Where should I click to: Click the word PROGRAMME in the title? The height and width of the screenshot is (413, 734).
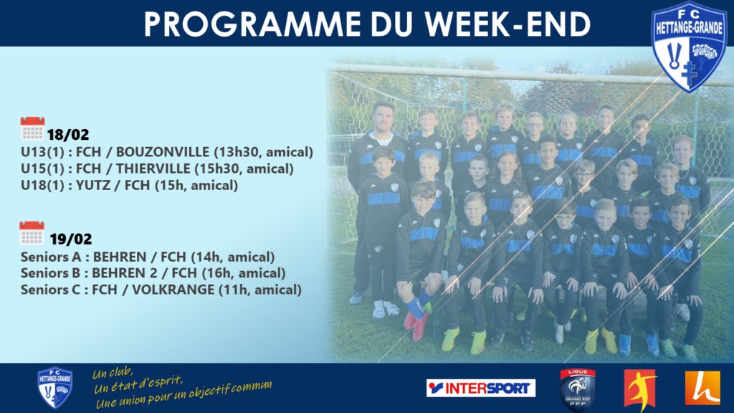pos(252,24)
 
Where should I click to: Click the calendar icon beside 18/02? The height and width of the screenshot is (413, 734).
pos(32,129)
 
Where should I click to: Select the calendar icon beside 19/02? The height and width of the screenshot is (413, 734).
pos(32,233)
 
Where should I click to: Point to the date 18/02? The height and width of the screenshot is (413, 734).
pos(68,135)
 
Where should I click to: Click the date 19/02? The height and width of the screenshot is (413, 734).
pos(71,239)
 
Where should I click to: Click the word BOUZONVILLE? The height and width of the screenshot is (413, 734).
pos(163,152)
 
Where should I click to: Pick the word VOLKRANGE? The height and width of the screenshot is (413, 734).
pos(173,290)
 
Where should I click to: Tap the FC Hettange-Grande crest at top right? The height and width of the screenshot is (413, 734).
pos(689,46)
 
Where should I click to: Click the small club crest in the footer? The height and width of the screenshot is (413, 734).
pos(54,388)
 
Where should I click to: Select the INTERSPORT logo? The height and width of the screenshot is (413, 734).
pos(481,388)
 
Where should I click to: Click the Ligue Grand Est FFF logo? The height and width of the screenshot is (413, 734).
pos(578,389)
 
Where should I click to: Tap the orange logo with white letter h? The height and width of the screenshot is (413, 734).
pos(702,388)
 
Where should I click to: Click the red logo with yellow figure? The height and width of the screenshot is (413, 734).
pos(641,390)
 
